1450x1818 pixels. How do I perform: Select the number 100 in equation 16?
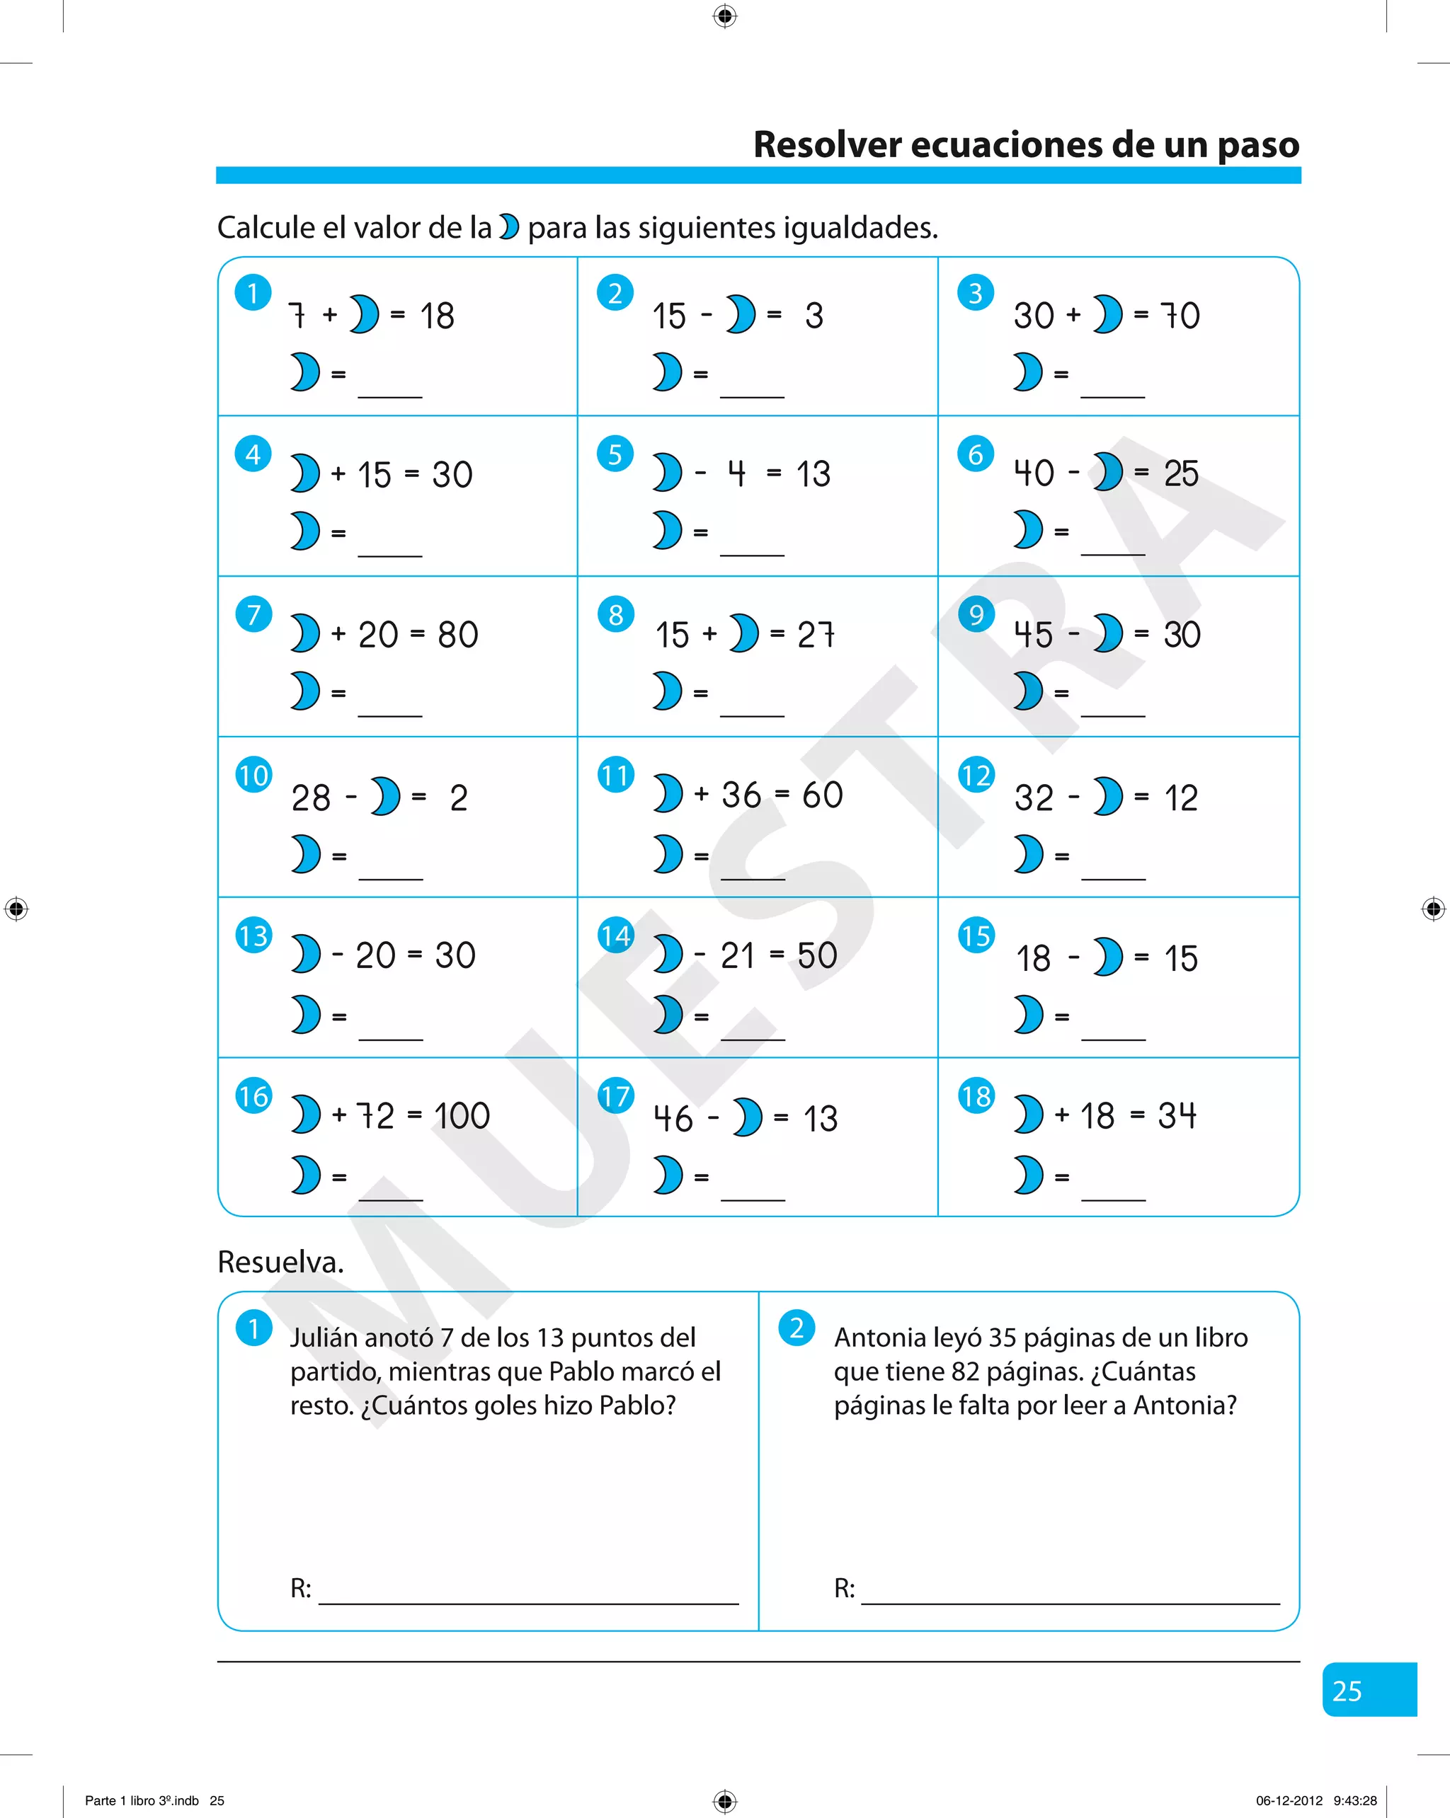pos(462,1117)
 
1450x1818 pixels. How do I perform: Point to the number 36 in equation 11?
pos(741,795)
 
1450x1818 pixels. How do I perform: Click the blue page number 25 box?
pos(1369,1689)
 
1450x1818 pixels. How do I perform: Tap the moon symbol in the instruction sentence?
pos(508,227)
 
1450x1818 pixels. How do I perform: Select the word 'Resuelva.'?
pos(280,1262)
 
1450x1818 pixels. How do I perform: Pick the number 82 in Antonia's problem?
pos(965,1372)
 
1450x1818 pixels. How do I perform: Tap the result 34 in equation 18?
pos(1177,1115)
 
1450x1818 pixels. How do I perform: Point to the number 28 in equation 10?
pos(310,798)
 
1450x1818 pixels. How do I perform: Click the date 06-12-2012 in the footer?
pos(1289,1800)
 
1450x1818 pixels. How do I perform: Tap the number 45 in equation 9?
pos(1033,635)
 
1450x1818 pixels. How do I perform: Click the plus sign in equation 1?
pos(330,316)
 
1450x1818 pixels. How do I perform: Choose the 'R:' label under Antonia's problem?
pos(845,1589)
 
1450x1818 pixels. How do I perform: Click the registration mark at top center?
pos(724,16)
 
